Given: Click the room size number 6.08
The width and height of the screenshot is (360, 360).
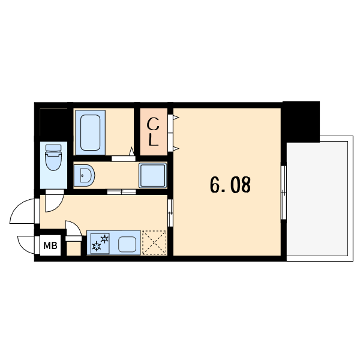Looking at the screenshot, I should tap(230, 185).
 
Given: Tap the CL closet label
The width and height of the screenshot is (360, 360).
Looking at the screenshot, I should tap(154, 133).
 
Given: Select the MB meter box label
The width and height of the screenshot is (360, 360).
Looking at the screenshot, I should tap(51, 245).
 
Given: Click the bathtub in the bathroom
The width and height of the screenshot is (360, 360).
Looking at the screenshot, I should tap(91, 132).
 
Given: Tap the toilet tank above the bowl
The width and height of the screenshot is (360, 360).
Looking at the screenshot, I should tap(54, 148).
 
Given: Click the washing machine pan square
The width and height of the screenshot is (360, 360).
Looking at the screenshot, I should tap(153, 175).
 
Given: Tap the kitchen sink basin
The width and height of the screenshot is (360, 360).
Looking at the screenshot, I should tap(127, 244).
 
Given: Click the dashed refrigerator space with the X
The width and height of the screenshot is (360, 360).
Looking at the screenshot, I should tap(154, 243).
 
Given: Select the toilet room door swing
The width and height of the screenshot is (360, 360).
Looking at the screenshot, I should tap(53, 201).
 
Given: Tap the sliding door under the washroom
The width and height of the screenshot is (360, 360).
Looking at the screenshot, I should tap(122, 192).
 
